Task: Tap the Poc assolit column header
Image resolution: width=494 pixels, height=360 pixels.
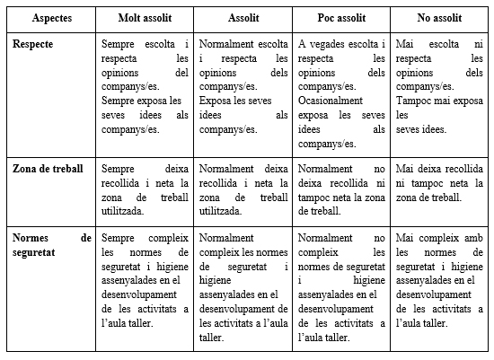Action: [x=342, y=18]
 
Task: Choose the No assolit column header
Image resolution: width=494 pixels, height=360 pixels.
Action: [x=439, y=18]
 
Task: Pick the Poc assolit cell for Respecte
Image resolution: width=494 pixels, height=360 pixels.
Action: [x=341, y=93]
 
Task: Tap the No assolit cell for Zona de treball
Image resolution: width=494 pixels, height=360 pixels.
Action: [x=439, y=182]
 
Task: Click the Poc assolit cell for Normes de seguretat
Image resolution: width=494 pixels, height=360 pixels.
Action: [x=341, y=287]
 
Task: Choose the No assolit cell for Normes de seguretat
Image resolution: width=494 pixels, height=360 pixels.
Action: [x=439, y=280]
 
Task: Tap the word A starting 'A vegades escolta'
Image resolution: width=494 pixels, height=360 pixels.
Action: [x=302, y=44]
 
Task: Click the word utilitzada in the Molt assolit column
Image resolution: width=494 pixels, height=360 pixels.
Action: [x=124, y=211]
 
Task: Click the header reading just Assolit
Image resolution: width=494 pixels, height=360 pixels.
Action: [x=243, y=18]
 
